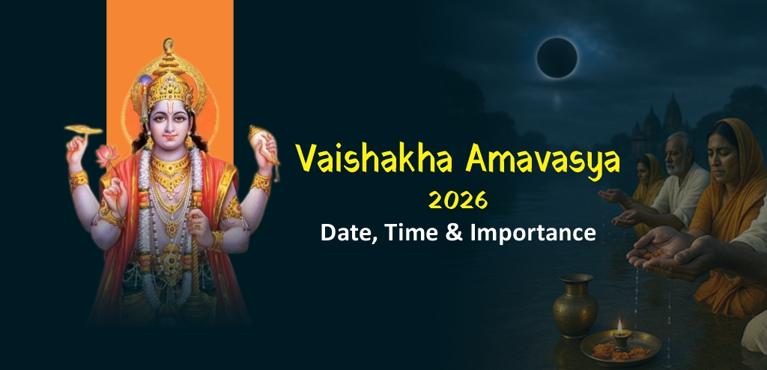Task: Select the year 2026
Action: pyautogui.click(x=458, y=201)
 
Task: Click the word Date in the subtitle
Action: pyautogui.click(x=346, y=232)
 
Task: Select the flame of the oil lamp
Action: pyautogui.click(x=619, y=327)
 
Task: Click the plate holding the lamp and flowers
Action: pyautogui.click(x=621, y=347)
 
